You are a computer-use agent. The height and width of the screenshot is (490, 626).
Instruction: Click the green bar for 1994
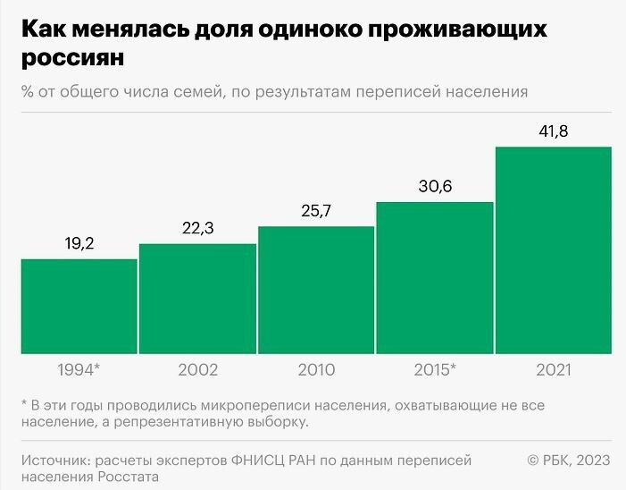(x=79, y=306)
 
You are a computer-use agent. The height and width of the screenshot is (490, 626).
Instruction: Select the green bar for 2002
(x=197, y=299)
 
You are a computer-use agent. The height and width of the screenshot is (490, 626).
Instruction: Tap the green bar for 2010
(x=316, y=290)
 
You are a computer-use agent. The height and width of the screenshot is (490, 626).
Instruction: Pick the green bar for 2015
(x=435, y=277)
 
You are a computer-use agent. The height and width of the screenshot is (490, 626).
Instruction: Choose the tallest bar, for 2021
(x=553, y=250)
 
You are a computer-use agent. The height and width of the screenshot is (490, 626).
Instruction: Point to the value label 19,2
(x=79, y=243)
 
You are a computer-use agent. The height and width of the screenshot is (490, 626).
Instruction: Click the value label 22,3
(x=197, y=228)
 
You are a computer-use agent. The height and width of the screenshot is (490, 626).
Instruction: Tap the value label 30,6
(x=435, y=187)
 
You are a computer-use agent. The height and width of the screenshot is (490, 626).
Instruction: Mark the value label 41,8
(x=553, y=131)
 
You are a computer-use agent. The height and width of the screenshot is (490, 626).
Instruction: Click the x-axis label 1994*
(x=79, y=369)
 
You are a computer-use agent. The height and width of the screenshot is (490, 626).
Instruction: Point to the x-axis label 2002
(x=197, y=369)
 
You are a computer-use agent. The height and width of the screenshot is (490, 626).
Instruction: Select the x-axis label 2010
(x=316, y=369)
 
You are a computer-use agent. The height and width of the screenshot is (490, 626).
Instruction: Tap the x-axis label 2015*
(x=435, y=369)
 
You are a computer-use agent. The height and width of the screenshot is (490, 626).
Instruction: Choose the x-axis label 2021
(x=553, y=369)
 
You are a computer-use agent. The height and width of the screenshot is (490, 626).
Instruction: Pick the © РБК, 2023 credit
(x=569, y=460)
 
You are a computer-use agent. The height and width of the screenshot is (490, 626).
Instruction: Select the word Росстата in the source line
(x=129, y=477)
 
